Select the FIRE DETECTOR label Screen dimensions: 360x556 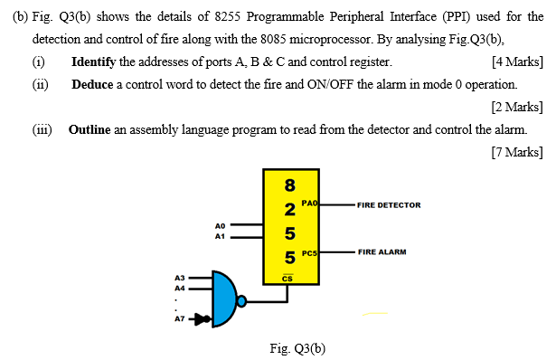pyautogui.click(x=389, y=205)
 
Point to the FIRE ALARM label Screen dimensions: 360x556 pyautogui.click(x=382, y=251)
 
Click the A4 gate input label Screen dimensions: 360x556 pyautogui.click(x=179, y=287)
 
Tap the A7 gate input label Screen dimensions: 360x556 pyautogui.click(x=179, y=319)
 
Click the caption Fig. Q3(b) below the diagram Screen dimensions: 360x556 pyautogui.click(x=297, y=347)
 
